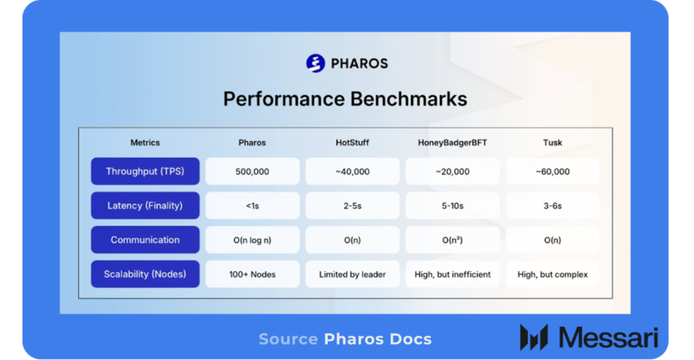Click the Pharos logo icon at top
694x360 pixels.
316,63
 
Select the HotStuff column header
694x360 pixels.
352,143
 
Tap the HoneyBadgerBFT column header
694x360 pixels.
452,143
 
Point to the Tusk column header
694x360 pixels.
552,143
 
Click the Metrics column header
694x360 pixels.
145,143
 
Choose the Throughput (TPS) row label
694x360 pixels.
145,171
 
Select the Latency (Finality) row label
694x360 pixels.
145,206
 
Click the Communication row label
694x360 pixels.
145,240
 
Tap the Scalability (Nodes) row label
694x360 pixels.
145,274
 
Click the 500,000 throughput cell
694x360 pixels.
252,171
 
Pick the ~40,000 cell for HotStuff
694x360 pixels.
352,171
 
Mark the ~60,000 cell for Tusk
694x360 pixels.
552,171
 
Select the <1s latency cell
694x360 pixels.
252,206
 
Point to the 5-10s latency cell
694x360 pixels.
452,206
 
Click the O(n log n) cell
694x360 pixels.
252,240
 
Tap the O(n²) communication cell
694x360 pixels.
452,240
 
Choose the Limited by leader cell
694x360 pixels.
352,274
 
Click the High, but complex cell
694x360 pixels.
552,274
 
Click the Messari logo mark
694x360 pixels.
534,337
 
